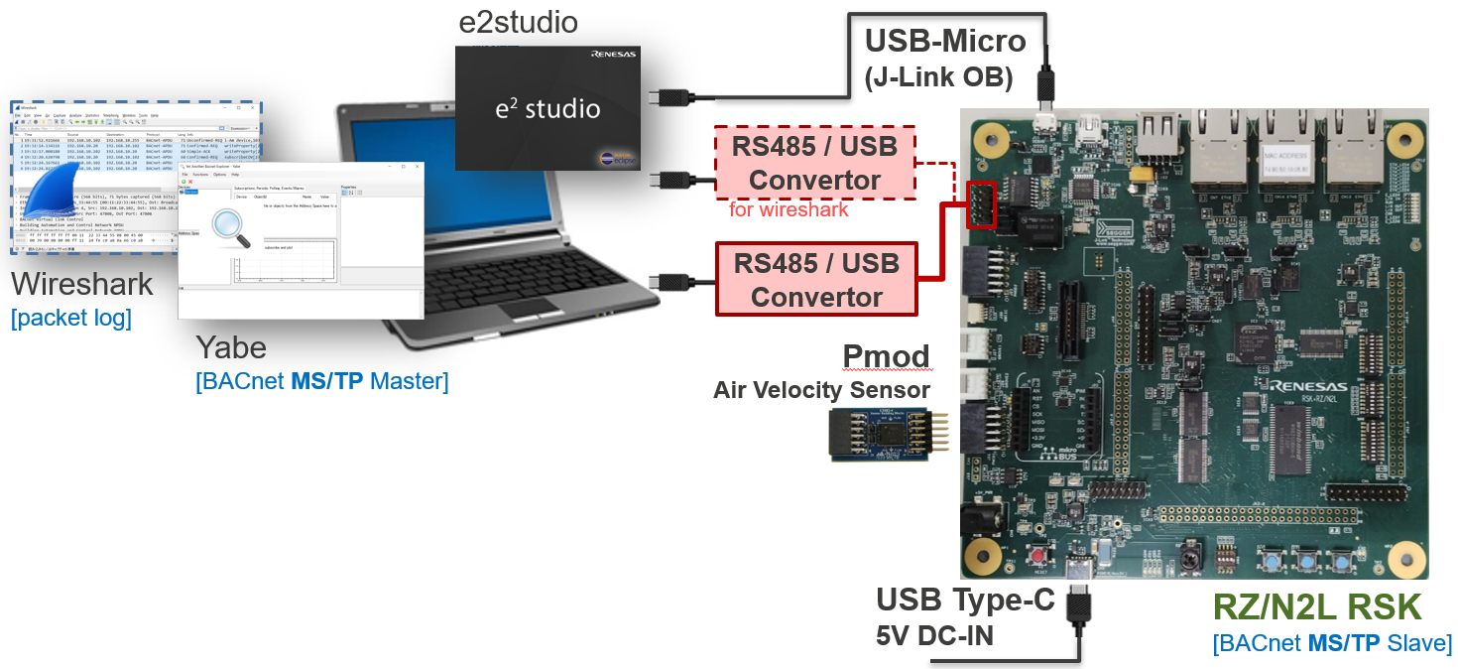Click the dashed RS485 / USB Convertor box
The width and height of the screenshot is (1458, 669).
[x=814, y=163]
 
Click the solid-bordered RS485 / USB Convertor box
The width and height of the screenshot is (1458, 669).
[x=816, y=280]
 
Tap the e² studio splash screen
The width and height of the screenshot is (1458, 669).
[x=547, y=107]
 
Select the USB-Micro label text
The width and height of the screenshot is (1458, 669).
[x=944, y=41]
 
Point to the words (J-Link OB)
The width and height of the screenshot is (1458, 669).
[x=938, y=76]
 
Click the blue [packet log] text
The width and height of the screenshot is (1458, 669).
[x=70, y=319]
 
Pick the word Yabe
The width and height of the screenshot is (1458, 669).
[x=230, y=346]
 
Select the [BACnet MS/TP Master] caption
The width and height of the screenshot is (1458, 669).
[x=321, y=380]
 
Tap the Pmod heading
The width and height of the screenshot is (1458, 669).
[x=886, y=355]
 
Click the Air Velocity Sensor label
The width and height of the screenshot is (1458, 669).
[x=821, y=390]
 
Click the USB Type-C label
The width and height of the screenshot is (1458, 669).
[x=965, y=600]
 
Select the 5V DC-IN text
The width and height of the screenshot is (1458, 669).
[x=934, y=635]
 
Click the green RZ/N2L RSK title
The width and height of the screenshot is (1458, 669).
[x=1316, y=606]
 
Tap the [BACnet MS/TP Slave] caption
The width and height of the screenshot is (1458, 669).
[x=1331, y=643]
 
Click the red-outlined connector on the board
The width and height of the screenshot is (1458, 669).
[x=980, y=203]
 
